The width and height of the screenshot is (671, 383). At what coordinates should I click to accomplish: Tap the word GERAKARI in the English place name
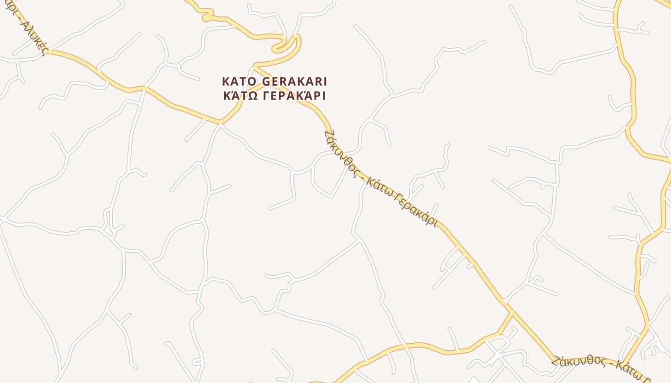[x=294, y=81]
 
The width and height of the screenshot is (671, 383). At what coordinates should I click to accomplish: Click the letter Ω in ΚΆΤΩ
[x=253, y=95]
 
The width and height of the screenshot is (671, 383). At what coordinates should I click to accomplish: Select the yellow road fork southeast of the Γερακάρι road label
[x=511, y=314]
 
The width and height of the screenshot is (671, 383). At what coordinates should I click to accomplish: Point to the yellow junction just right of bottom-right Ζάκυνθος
[x=623, y=361]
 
